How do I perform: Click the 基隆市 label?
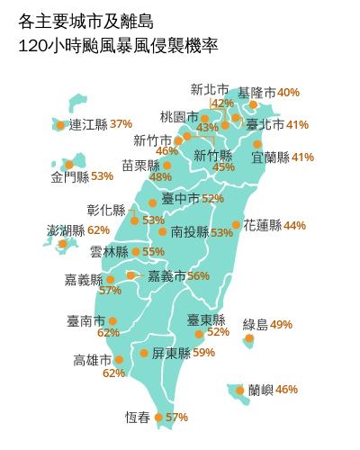(x=256, y=93)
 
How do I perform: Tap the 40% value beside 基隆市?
(x=288, y=93)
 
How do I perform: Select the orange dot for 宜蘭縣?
(x=257, y=144)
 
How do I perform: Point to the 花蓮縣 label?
(x=262, y=225)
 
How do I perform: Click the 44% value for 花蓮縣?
(x=294, y=225)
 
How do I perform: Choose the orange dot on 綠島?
(x=249, y=338)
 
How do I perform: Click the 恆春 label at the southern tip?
(x=138, y=417)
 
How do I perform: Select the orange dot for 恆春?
(x=159, y=417)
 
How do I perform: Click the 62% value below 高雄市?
(x=113, y=373)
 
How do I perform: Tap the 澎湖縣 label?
(x=66, y=230)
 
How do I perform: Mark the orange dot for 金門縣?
(x=56, y=164)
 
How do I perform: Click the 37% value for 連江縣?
(x=121, y=123)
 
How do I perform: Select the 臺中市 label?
(x=180, y=198)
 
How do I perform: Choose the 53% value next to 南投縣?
(x=221, y=232)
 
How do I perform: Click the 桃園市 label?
(x=178, y=117)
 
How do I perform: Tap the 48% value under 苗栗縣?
(x=160, y=176)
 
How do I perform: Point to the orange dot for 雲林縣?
(x=136, y=252)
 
